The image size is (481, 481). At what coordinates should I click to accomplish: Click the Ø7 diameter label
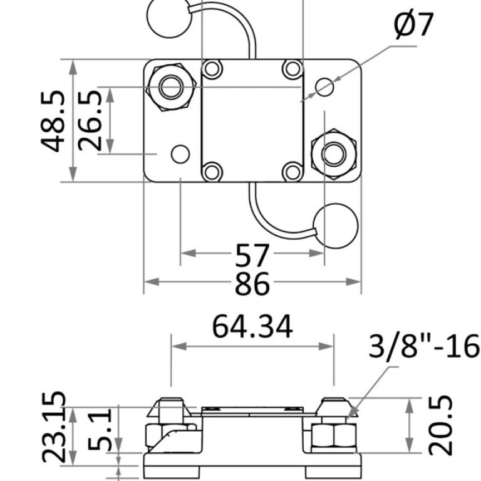coord(414,26)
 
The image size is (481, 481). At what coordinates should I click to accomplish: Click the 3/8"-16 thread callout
coord(424,346)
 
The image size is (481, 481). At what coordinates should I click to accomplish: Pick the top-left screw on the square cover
coord(212,68)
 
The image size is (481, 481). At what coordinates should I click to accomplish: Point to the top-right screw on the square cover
coord(292,68)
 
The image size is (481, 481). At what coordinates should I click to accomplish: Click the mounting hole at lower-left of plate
coord(180,153)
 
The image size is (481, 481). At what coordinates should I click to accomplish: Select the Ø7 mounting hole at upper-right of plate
coord(324,87)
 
